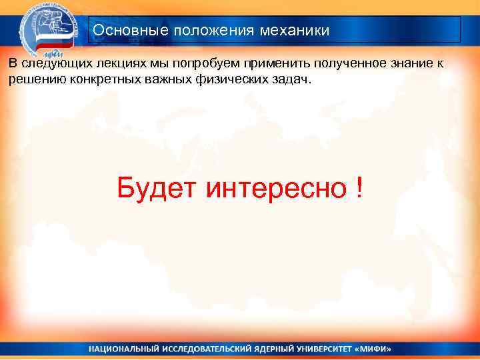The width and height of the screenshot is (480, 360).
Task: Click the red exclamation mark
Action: [360, 189]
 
